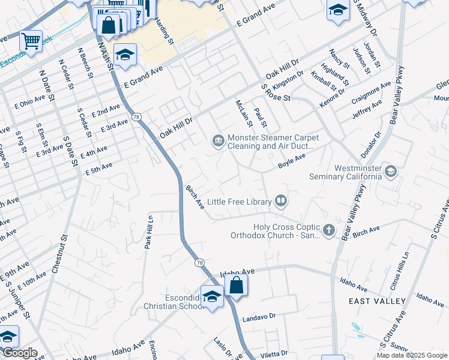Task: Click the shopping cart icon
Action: tap(31, 41)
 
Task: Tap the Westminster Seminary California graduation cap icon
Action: tap(391, 172)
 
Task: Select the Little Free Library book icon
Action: tap(280, 201)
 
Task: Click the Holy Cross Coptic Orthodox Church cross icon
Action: tap(328, 230)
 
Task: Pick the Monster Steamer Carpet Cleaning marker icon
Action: tap(217, 142)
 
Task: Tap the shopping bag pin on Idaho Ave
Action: tap(237, 284)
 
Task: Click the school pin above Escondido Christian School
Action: tap(212, 296)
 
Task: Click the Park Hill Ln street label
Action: tap(149, 233)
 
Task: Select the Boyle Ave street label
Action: tap(292, 160)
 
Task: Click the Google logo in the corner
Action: tap(19, 353)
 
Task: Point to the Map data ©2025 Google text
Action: tap(411, 355)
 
